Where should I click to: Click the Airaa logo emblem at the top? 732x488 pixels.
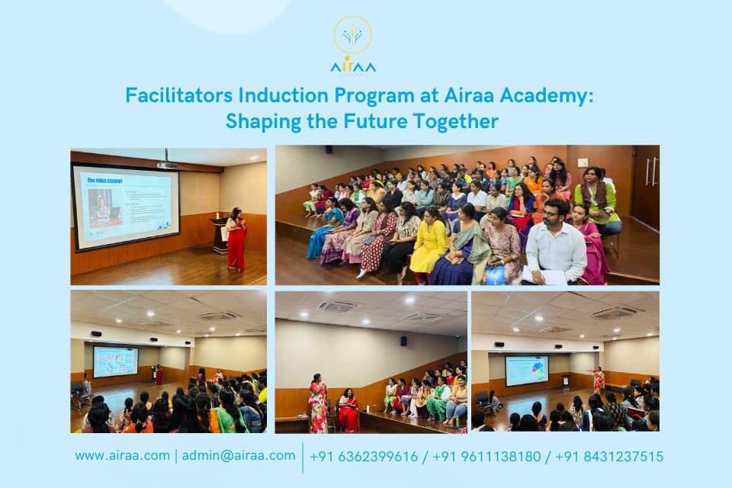point(352,36)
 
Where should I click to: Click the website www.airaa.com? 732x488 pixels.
point(122,456)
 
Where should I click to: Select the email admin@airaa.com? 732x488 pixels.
point(239,456)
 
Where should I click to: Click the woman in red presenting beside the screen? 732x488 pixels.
point(237,239)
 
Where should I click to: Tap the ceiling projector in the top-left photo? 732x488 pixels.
point(167,164)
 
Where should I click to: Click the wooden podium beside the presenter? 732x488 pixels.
point(220,236)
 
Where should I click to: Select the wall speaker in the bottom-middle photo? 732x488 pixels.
point(403,341)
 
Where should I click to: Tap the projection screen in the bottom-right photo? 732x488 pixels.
point(526,371)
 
